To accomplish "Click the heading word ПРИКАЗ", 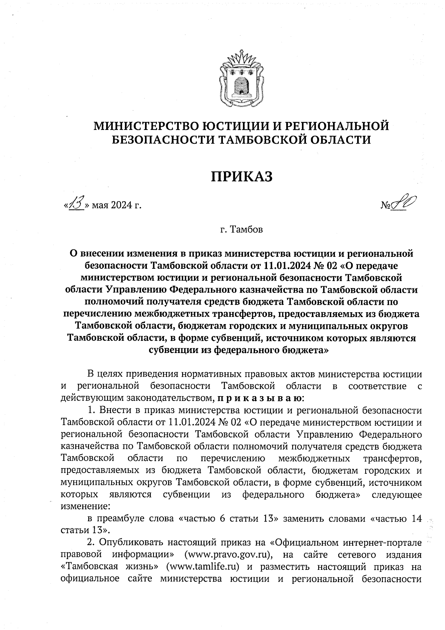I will tap(242, 176).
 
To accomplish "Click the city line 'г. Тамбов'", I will tap(241, 230).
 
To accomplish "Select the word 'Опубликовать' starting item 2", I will tap(131, 543).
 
